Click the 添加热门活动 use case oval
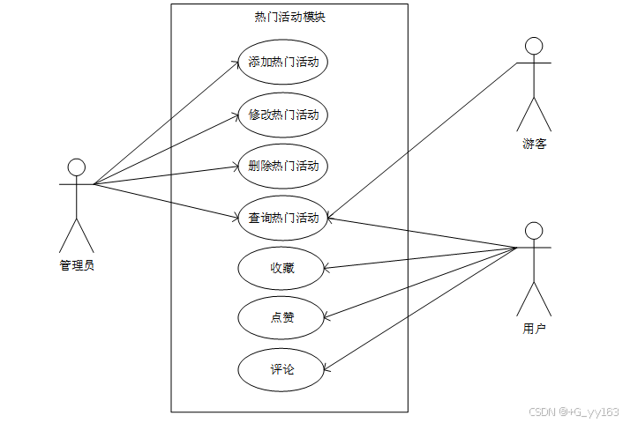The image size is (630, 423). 282,63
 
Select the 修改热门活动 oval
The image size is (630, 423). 282,115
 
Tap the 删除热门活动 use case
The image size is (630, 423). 282,166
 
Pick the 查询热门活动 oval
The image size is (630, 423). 282,217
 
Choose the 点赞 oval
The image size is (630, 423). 282,318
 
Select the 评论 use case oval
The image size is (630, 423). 282,369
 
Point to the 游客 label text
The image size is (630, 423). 534,144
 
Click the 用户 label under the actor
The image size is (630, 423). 534,329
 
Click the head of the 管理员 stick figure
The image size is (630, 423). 77,167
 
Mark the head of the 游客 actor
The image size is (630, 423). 533,46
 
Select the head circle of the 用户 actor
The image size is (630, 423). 533,230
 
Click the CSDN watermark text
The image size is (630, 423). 574,412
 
